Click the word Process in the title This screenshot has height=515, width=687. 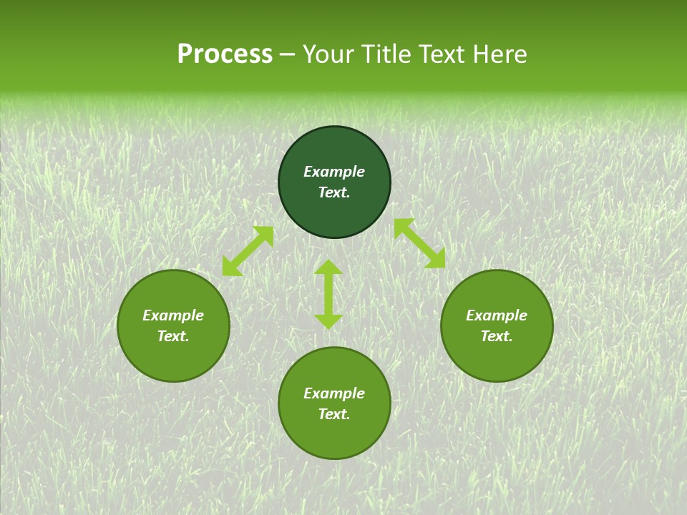pos(225,54)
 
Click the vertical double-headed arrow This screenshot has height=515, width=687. pos(328,294)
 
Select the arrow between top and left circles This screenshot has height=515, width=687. pos(248,251)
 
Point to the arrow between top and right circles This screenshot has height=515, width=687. pos(419,243)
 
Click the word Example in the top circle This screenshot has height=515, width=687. pos(334,172)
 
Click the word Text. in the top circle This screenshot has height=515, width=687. pos(334,192)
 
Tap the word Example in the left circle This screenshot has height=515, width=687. pos(173,315)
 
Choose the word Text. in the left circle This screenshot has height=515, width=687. pos(173,336)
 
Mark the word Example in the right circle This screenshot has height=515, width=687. pos(497,315)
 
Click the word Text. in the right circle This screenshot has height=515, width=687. pos(497,336)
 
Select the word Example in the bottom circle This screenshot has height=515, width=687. pos(334,393)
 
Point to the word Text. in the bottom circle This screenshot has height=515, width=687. pos(334,414)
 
